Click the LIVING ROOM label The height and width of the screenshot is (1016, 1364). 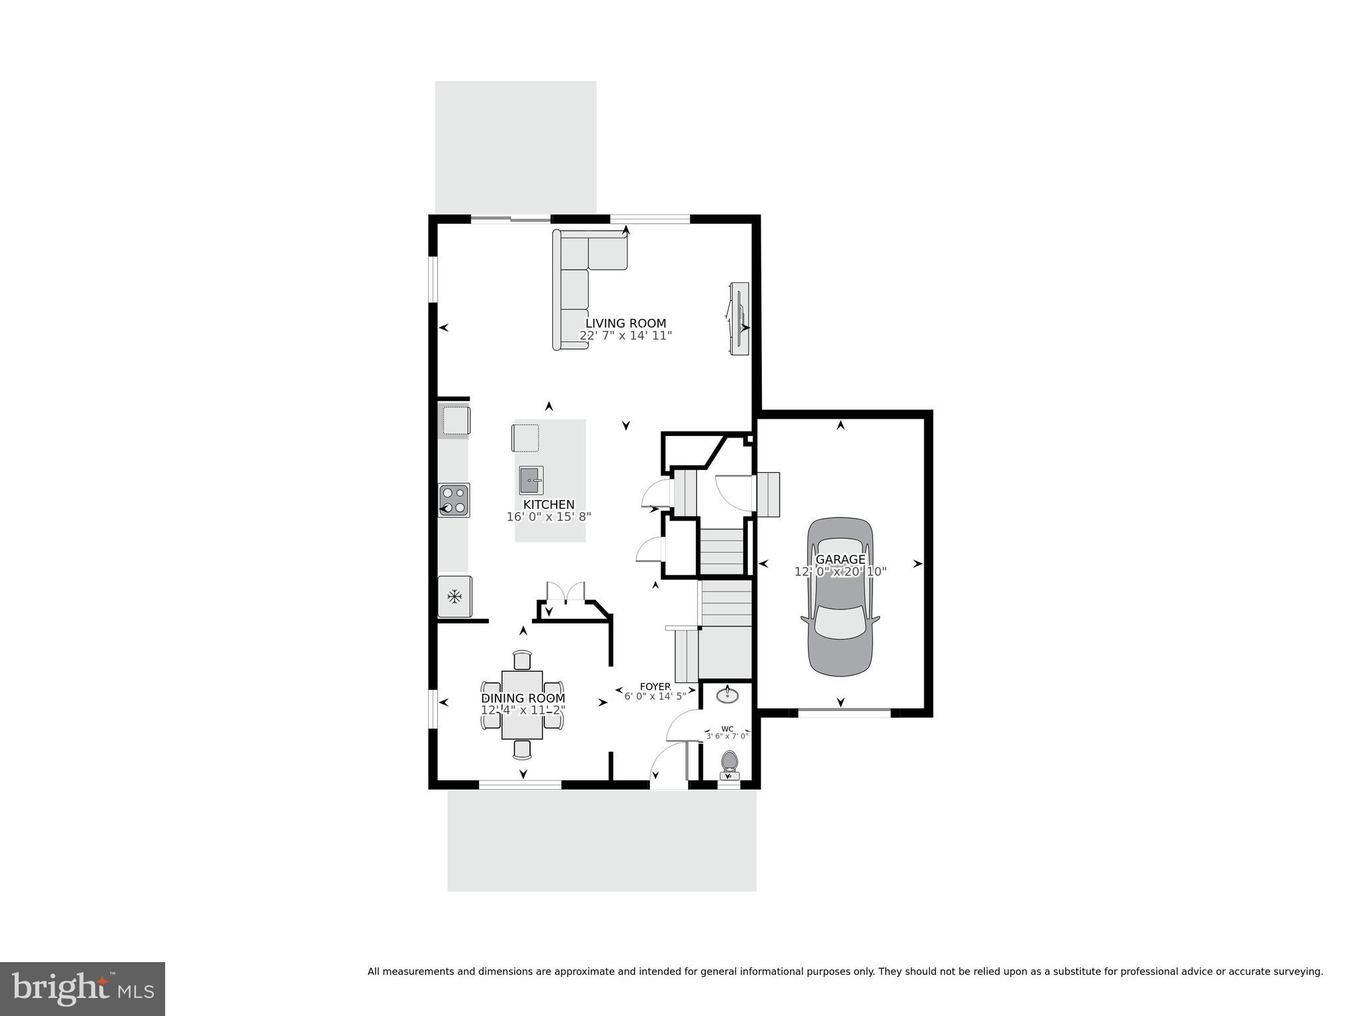click(x=625, y=324)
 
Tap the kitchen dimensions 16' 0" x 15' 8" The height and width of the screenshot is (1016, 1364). click(x=549, y=516)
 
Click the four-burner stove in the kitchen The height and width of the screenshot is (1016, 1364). click(x=454, y=500)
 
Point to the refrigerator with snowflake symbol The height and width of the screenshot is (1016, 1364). click(x=455, y=597)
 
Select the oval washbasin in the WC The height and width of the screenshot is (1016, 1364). click(x=727, y=696)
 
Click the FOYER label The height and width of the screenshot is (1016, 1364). click(x=655, y=686)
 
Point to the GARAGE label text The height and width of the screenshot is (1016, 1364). click(x=840, y=559)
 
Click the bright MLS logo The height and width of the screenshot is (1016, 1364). click(x=82, y=988)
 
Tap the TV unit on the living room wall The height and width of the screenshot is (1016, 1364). click(x=739, y=318)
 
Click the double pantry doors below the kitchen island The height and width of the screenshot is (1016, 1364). click(x=565, y=593)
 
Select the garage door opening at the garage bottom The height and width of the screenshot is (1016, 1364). click(x=844, y=713)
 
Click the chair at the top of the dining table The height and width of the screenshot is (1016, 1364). click(x=522, y=659)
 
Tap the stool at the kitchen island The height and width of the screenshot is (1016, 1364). click(x=525, y=437)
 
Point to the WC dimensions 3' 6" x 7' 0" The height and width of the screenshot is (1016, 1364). click(x=727, y=736)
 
